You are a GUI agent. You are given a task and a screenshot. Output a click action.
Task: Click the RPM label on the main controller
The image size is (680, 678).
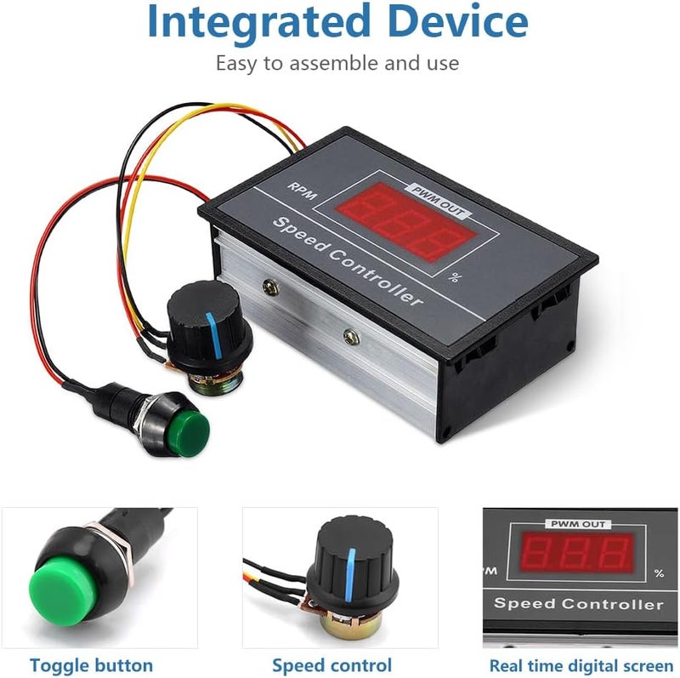303,191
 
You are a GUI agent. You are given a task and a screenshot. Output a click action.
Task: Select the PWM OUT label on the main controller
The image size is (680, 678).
438,202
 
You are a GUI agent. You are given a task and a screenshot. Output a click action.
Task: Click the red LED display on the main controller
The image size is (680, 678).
407,221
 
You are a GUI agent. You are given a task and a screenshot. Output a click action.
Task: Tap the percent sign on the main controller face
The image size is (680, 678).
454,277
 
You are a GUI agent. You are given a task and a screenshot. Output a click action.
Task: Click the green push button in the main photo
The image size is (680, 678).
190,429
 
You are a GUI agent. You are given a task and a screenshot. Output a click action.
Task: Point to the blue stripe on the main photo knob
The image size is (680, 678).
214,334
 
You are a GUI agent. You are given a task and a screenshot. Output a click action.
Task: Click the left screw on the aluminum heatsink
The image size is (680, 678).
271,287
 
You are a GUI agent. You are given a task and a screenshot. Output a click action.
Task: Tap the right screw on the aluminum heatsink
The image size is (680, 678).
351,337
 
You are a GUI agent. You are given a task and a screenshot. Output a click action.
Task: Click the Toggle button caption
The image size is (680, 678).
91,665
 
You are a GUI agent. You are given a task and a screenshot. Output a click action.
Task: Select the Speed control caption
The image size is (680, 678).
331,665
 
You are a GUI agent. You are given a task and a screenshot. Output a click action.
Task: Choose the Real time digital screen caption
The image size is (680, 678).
581,665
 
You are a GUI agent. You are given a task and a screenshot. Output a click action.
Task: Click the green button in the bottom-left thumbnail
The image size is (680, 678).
65,588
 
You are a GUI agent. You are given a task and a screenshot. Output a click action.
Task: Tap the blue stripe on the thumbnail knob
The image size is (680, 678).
350,575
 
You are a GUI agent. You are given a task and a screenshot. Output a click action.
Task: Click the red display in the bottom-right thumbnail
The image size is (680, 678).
577,553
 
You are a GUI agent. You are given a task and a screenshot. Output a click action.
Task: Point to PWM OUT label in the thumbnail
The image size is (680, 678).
578,524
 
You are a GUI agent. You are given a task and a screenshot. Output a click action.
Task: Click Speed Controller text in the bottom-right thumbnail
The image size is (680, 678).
579,604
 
